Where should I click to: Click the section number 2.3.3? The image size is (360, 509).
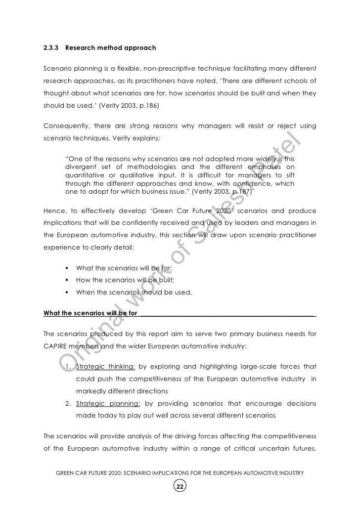point(50,48)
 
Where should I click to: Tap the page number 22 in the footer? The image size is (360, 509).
point(180,487)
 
